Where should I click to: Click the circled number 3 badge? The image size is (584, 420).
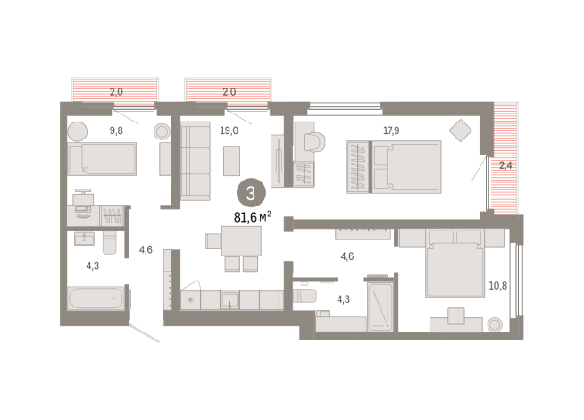click(251, 193)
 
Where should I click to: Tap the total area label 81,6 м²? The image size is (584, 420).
click(252, 216)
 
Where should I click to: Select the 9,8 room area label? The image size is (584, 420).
click(116, 130)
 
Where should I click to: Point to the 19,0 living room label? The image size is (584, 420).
click(229, 130)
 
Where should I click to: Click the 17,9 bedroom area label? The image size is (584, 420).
click(391, 130)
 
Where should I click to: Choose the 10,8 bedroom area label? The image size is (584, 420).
click(497, 286)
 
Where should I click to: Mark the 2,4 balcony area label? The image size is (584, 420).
click(505, 165)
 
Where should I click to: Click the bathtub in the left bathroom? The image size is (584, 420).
click(96, 298)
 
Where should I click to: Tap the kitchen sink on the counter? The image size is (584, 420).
click(229, 300)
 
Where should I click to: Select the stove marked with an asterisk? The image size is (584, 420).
click(191, 300)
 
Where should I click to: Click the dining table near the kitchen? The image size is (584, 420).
click(241, 240)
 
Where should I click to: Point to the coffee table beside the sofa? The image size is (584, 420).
click(231, 161)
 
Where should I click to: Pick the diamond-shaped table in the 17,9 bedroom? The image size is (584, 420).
click(461, 130)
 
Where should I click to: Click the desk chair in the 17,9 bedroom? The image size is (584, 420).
click(314, 141)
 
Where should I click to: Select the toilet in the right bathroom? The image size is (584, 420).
click(305, 296)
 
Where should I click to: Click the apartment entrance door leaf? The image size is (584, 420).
click(145, 333)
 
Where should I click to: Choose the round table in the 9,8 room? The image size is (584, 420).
click(78, 131)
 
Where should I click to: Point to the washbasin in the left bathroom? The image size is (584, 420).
click(84, 239)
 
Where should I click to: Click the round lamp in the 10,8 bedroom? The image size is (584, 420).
click(495, 324)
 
